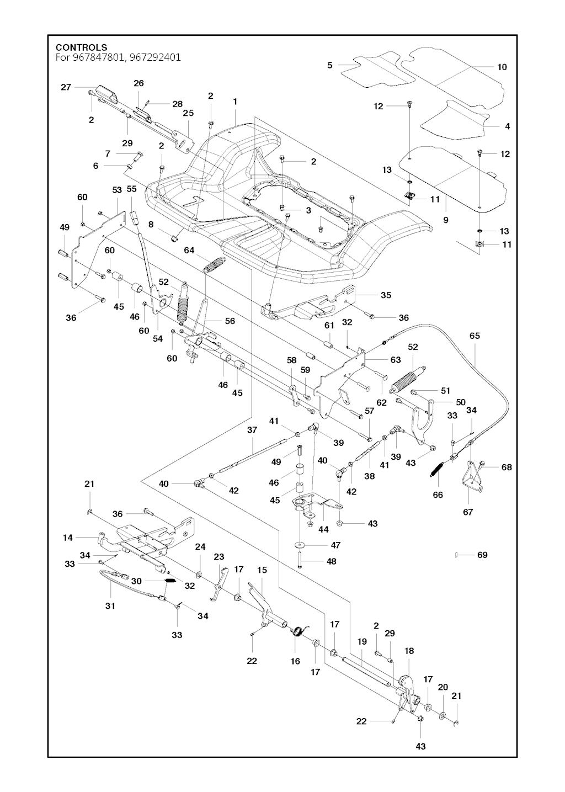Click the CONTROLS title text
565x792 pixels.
point(81,47)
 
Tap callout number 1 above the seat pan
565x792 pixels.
point(235,102)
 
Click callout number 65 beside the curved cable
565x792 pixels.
point(475,335)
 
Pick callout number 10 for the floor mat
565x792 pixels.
point(502,67)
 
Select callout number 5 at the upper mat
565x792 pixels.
point(330,65)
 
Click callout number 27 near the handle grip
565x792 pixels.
point(66,87)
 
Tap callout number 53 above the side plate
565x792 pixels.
point(117,190)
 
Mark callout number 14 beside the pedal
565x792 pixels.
point(68,537)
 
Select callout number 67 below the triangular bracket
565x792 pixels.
point(468,512)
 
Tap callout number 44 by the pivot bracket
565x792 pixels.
point(323,529)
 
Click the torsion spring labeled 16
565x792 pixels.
point(297,631)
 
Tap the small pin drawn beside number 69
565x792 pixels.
point(458,555)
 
